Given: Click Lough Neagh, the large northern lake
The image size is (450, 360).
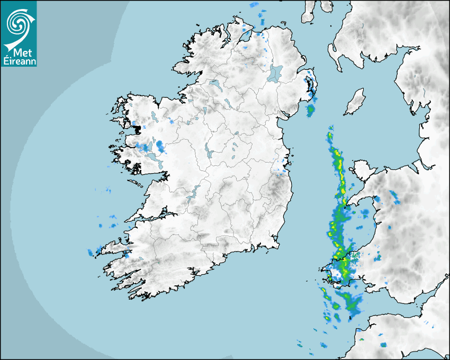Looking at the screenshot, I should pyautogui.click(x=275, y=73).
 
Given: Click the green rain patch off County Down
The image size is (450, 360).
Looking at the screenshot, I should pyautogui.click(x=310, y=110).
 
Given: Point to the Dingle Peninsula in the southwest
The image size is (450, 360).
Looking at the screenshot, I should pyautogui.click(x=114, y=246).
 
